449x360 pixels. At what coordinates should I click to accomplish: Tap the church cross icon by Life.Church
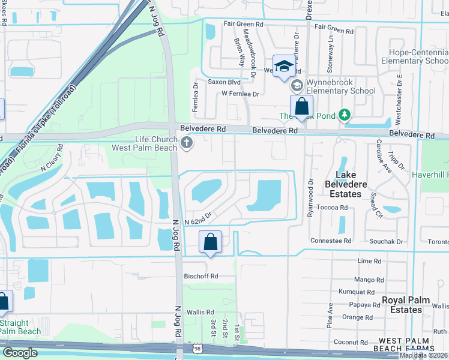pos(187,143)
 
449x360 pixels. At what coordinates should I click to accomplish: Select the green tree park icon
pos(345,114)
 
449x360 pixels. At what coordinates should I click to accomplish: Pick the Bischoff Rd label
pos(201,277)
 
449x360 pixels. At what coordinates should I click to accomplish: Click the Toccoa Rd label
pos(334,208)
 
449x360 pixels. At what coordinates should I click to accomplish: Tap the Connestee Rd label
pos(331,241)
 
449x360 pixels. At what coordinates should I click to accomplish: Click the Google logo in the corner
pos(20,352)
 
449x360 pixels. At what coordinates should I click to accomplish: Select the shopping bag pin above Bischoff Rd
pos(210,243)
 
